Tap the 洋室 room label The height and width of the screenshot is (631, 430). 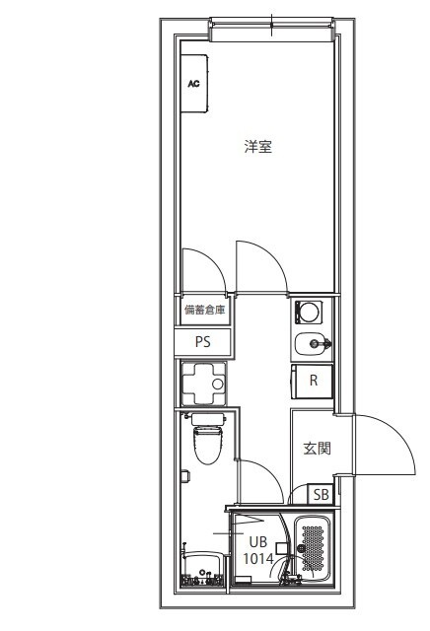[258, 148]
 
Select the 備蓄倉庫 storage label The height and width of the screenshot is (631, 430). [204, 310]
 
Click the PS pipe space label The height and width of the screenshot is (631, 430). [203, 342]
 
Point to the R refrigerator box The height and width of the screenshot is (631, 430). [313, 381]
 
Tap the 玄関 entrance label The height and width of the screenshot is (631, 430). [316, 448]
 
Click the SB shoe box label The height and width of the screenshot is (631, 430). [322, 495]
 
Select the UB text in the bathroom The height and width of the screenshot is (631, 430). [257, 541]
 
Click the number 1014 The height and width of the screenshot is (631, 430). [257, 558]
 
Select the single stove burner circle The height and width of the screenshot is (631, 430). [310, 313]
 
